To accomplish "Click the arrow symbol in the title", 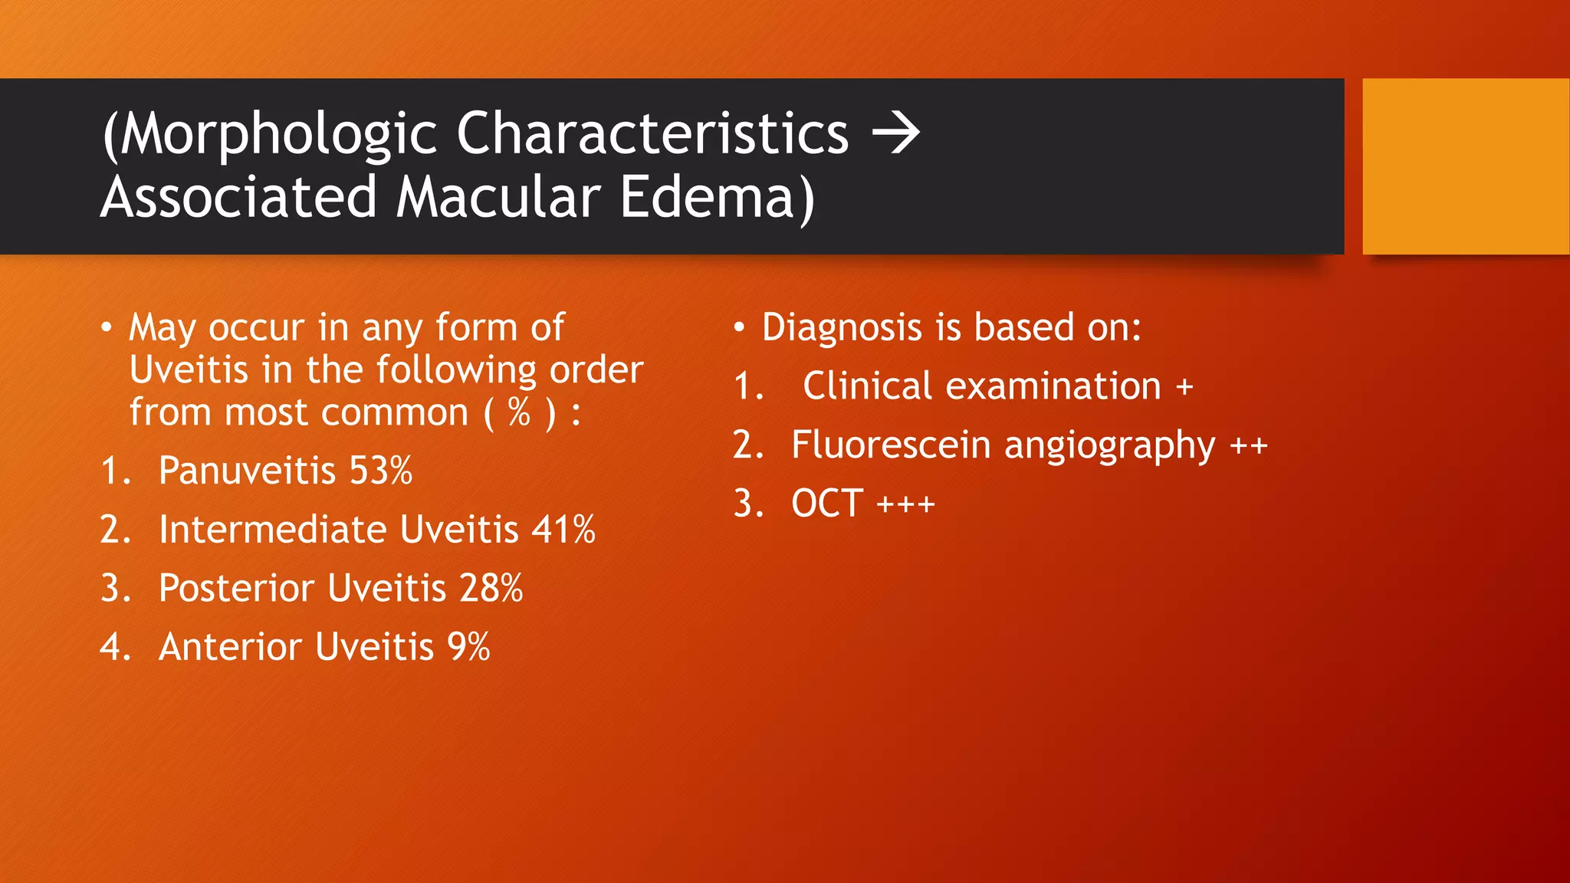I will coord(895,133).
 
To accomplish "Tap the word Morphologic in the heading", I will coord(278,135).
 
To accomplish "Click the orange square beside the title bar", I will coord(1465,166).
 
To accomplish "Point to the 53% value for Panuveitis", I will coord(381,471).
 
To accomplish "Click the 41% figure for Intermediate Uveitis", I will coord(563,530).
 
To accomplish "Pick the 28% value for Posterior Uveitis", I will coord(491,589).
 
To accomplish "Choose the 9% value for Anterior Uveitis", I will coord(468,647).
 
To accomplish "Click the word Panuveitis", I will coord(247,471).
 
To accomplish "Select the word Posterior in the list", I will coord(236,589).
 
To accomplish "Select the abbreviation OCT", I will coord(827,504).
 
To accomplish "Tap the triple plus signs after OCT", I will coord(905,504).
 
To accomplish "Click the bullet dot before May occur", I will coord(107,328).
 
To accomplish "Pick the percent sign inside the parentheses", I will coord(519,413).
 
